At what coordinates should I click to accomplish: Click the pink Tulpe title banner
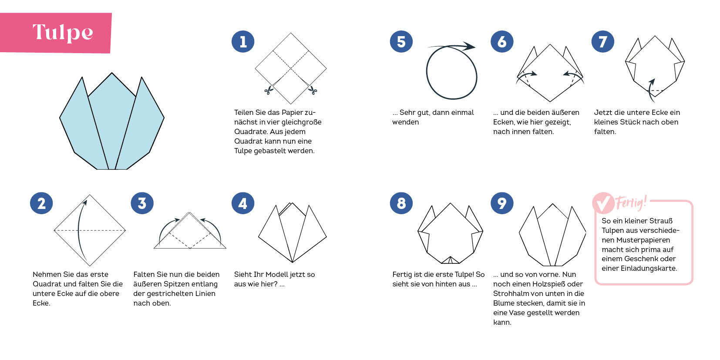point(56,33)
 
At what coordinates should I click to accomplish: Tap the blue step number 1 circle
point(243,41)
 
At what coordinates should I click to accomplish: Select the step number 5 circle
point(401,41)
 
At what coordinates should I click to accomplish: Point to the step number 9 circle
point(502,203)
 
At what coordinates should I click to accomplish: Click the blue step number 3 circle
point(142,203)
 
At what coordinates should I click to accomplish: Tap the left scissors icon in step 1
point(269,90)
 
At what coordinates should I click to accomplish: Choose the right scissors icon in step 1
point(313,90)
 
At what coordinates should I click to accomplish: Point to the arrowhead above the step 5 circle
point(469,47)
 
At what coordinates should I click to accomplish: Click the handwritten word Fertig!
point(631,202)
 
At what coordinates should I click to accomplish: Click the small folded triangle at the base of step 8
point(450,260)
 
